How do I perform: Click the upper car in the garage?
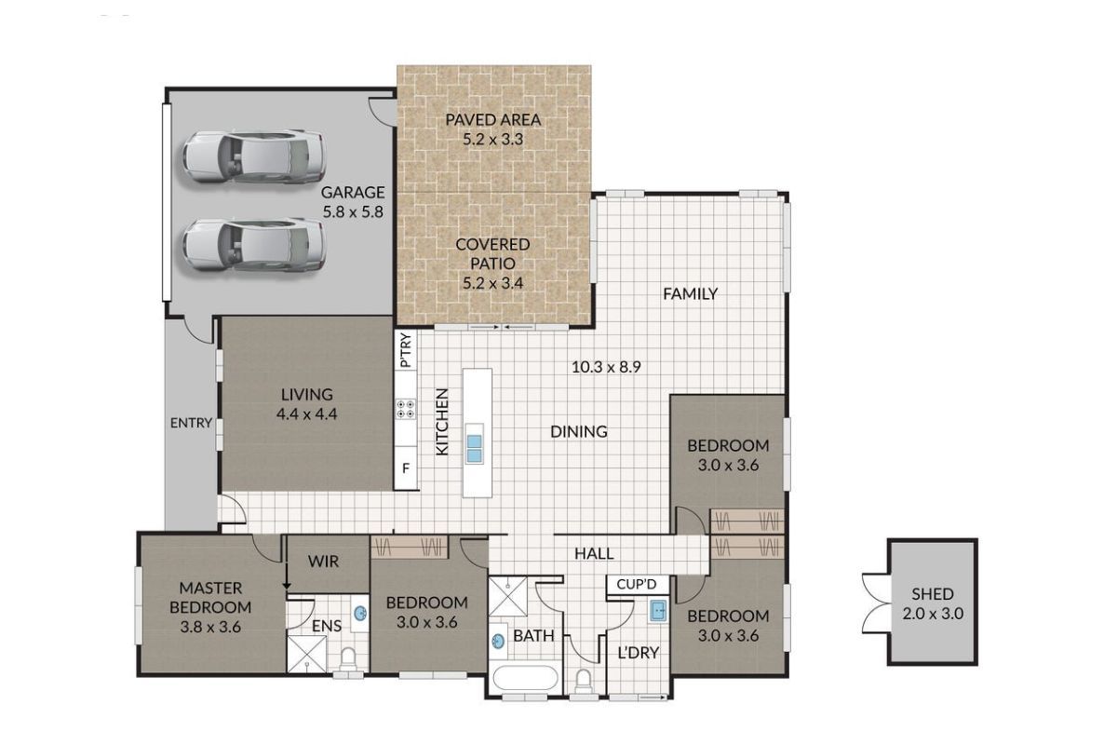(254, 156)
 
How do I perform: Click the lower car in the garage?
(254, 245)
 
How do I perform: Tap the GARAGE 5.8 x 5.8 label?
(353, 202)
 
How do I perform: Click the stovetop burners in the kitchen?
(405, 409)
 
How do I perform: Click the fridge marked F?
(406, 468)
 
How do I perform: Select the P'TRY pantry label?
(407, 350)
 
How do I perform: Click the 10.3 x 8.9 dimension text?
(606, 367)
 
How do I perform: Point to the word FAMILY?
(690, 294)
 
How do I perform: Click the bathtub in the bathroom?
(525, 678)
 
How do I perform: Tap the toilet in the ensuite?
(347, 658)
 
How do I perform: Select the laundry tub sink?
(658, 611)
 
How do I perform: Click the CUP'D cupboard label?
(637, 584)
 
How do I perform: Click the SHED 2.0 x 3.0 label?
(933, 603)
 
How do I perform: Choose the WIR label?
(323, 562)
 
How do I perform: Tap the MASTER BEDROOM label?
(210, 607)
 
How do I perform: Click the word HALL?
(594, 553)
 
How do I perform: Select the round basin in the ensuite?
(360, 614)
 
